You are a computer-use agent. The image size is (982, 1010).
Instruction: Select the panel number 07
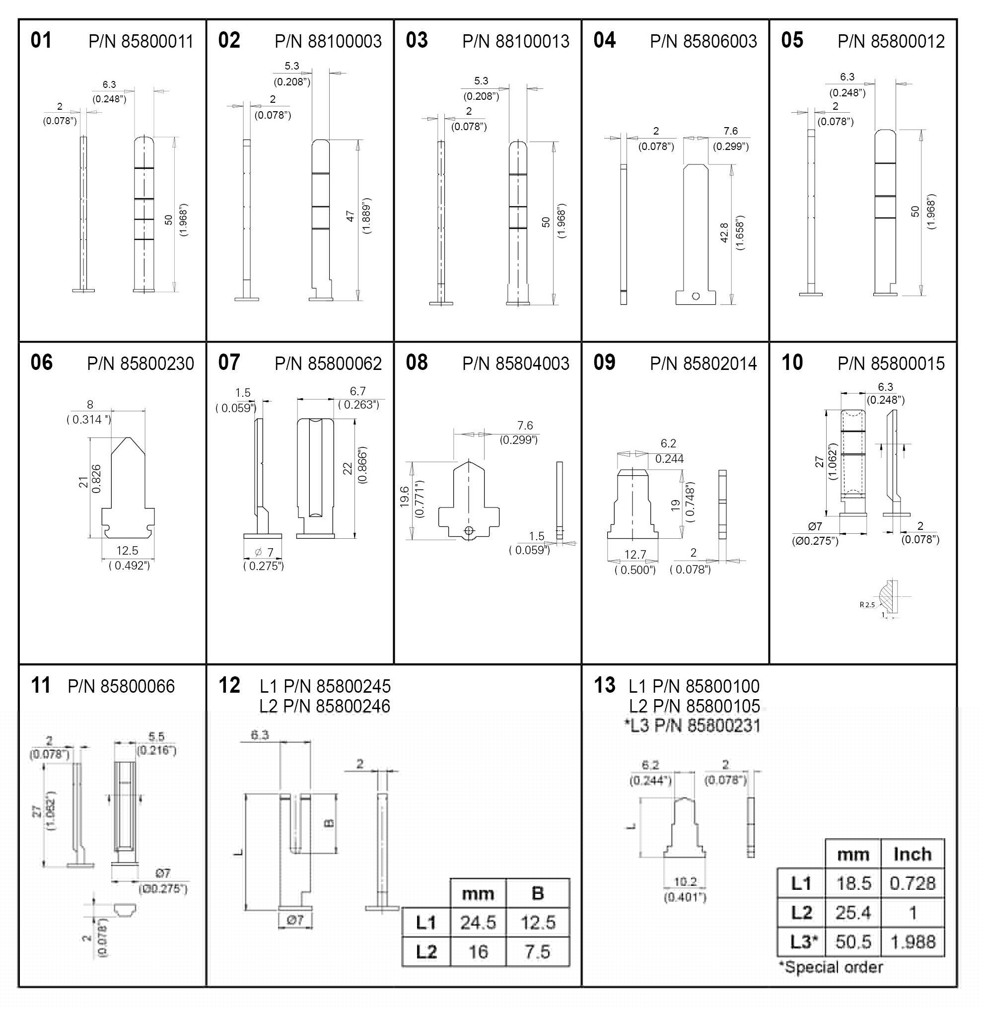coord(229,362)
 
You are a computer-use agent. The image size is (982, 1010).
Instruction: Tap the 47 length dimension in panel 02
coord(351,216)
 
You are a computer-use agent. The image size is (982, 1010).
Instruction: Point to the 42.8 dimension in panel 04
coord(724,233)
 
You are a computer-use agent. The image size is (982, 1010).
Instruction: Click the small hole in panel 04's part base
coord(695,296)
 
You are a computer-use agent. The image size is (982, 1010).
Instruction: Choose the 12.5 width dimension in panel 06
coord(127,551)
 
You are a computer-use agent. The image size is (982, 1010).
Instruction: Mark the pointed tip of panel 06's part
coord(129,438)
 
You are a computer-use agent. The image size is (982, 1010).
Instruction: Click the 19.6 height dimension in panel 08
coord(404,496)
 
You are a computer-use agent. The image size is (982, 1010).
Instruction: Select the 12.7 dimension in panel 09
coord(635,555)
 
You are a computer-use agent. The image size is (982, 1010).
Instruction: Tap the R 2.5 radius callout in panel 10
coord(867,604)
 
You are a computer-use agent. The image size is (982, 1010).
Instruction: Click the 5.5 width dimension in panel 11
coord(156,737)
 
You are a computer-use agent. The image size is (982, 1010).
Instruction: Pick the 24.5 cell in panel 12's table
coord(478,922)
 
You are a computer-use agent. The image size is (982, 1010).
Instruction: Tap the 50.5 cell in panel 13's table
coord(853,942)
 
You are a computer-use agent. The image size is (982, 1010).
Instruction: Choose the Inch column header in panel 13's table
coord(912,855)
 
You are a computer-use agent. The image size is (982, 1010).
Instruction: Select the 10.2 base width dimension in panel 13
coord(686,882)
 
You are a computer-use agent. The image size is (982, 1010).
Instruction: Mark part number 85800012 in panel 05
coord(891,41)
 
